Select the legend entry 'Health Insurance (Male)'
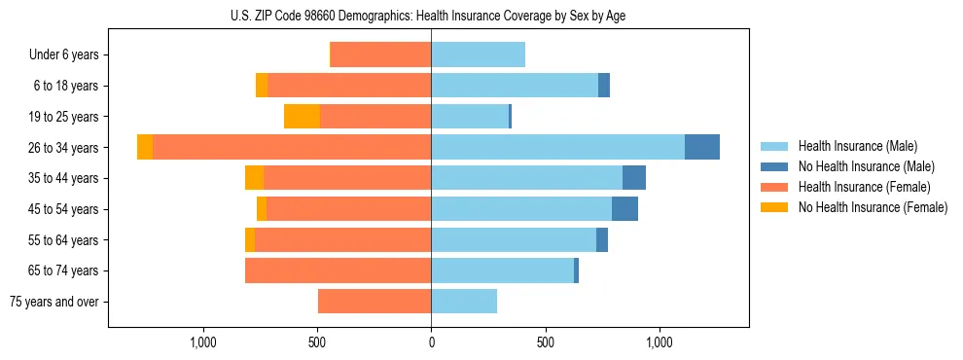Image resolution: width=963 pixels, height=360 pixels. point(857,146)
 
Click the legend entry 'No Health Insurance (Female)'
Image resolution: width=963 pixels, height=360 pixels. point(873,207)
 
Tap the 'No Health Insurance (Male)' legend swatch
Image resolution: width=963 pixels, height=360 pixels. point(774,166)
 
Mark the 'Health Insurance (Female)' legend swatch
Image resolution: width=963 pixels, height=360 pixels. point(774,187)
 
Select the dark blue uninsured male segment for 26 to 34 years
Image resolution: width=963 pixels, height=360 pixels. point(702,147)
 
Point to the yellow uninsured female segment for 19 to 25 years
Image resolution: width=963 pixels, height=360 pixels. point(302,117)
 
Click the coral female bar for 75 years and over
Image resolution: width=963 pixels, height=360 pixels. point(374,302)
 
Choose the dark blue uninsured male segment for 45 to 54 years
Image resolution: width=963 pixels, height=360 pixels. point(624,209)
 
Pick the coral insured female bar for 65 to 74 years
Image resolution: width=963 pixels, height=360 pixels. point(338,270)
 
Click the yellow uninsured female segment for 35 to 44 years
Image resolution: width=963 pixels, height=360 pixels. point(254,178)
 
